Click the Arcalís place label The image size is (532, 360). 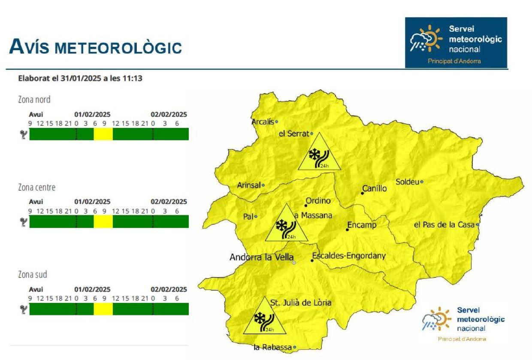[x=263, y=122]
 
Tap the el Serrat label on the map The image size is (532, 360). [x=293, y=133]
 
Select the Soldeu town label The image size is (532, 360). [x=407, y=182]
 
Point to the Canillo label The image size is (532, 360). [x=375, y=188]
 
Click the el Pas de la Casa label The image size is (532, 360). [x=444, y=225]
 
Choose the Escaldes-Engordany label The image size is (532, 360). [x=349, y=256]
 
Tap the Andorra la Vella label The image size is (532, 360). [x=261, y=257]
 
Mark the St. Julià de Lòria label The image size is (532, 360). [x=301, y=303]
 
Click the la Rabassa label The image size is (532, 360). [x=272, y=347]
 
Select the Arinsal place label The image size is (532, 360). [x=249, y=185]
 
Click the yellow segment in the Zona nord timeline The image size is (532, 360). [x=103, y=134]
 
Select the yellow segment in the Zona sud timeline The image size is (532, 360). [x=103, y=309]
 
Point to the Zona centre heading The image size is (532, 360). [x=36, y=188]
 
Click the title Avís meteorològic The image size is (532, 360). [x=95, y=47]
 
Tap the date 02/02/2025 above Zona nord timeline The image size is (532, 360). [x=169, y=115]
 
